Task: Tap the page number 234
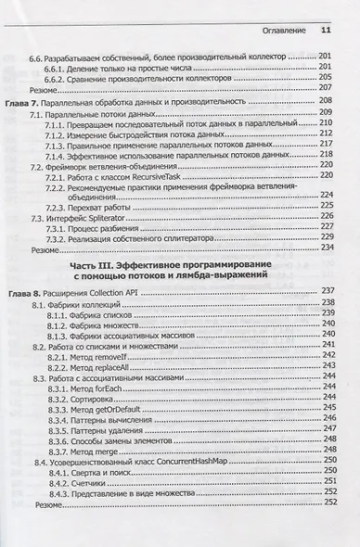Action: coord(327,249)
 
